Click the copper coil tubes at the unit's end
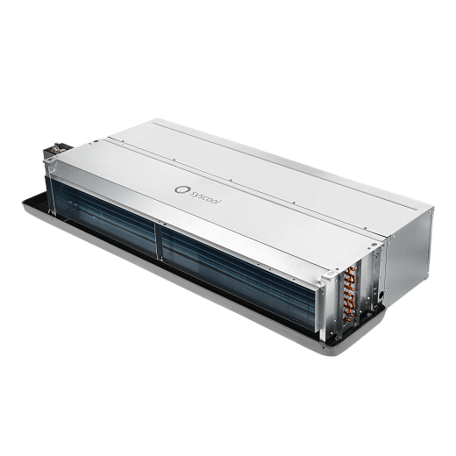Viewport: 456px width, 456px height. (x=350, y=294)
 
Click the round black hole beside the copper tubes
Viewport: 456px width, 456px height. (x=381, y=295)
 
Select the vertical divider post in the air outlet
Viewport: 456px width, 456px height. (x=159, y=242)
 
